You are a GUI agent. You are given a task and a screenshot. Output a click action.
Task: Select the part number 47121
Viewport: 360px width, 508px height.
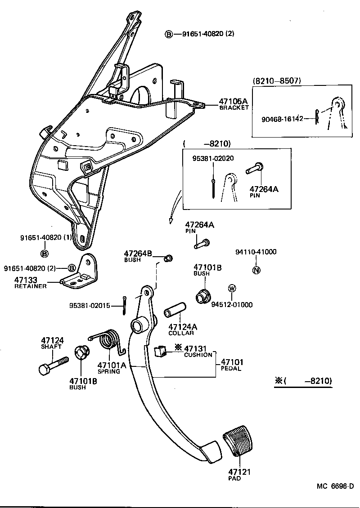pyautogui.click(x=239, y=472)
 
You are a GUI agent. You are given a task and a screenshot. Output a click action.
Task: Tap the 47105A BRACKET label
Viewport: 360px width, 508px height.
pyautogui.click(x=234, y=104)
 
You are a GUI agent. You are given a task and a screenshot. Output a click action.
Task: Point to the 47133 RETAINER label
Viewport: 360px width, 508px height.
pyautogui.click(x=30, y=282)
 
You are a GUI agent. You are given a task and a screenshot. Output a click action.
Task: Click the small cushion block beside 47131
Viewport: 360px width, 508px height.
pyautogui.click(x=160, y=351)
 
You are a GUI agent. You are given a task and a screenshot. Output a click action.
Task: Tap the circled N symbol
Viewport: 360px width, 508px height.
pyautogui.click(x=256, y=270)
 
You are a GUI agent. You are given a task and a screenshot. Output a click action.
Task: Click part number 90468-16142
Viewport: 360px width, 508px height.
pyautogui.click(x=282, y=119)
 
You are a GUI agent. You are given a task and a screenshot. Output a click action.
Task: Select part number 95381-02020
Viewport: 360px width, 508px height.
pyautogui.click(x=213, y=158)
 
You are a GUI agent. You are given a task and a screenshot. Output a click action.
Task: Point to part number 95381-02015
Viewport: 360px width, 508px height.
pyautogui.click(x=90, y=305)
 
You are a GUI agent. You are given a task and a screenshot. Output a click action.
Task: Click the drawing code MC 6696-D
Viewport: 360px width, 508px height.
pyautogui.click(x=335, y=486)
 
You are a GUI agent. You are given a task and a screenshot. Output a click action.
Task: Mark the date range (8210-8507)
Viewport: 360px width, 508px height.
pyautogui.click(x=277, y=81)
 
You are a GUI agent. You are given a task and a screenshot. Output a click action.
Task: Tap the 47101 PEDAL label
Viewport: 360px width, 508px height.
pyautogui.click(x=231, y=365)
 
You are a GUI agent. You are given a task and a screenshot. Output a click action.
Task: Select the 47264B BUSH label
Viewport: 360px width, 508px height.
pyautogui.click(x=138, y=255)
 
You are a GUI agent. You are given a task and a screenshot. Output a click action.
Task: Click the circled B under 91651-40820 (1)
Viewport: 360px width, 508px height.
pyautogui.click(x=45, y=254)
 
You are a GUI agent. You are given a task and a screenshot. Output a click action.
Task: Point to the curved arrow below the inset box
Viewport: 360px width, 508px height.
pyautogui.click(x=175, y=207)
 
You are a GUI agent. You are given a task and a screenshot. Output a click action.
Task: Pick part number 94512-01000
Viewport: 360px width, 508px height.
pyautogui.click(x=232, y=304)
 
